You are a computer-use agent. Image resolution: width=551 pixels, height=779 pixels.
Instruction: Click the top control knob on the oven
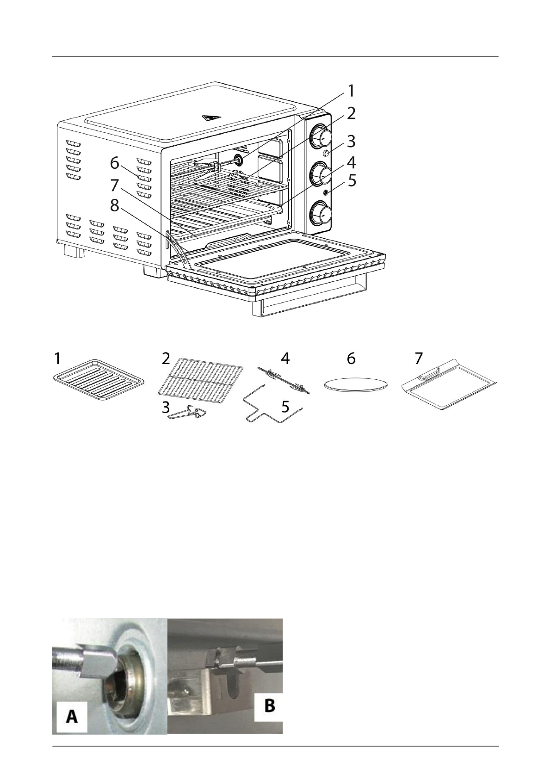[321, 136]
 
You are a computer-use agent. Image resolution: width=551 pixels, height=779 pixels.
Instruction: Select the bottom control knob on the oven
[321, 214]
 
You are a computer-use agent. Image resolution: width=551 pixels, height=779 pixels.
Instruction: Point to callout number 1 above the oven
[352, 91]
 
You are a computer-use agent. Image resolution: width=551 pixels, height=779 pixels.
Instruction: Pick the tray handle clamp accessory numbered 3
[189, 413]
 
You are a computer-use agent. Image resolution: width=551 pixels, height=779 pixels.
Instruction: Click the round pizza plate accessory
[355, 384]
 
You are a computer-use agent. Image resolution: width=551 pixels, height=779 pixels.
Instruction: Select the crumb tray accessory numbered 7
[448, 387]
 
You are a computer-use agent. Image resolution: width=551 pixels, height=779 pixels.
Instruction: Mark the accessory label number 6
[351, 358]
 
